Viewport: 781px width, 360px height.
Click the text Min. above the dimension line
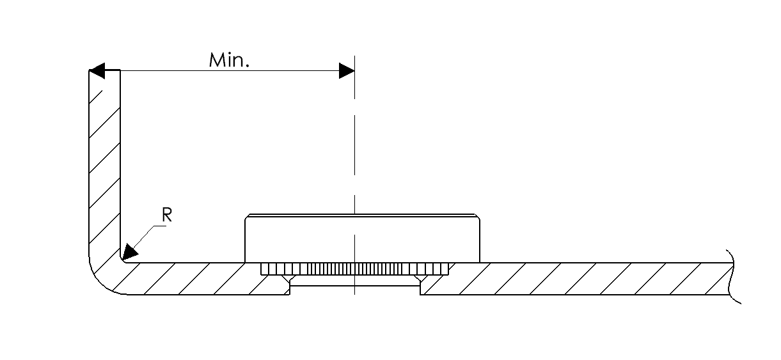[229, 60]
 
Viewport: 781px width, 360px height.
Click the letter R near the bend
[167, 215]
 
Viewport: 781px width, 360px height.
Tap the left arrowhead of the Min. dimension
[97, 71]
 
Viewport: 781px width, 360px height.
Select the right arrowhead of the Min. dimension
[347, 71]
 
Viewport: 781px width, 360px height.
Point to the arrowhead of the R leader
[130, 252]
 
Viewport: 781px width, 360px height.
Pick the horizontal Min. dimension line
[222, 71]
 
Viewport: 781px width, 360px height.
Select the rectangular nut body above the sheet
[362, 239]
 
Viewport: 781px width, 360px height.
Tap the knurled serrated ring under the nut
[354, 269]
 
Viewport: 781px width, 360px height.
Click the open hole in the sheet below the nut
[355, 290]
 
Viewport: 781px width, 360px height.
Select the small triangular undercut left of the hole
[289, 279]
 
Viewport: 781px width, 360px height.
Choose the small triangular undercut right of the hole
[421, 279]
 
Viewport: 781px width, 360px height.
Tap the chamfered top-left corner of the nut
[247, 216]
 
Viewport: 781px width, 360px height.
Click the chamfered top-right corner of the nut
[477, 216]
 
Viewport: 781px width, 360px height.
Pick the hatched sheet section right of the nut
[575, 279]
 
